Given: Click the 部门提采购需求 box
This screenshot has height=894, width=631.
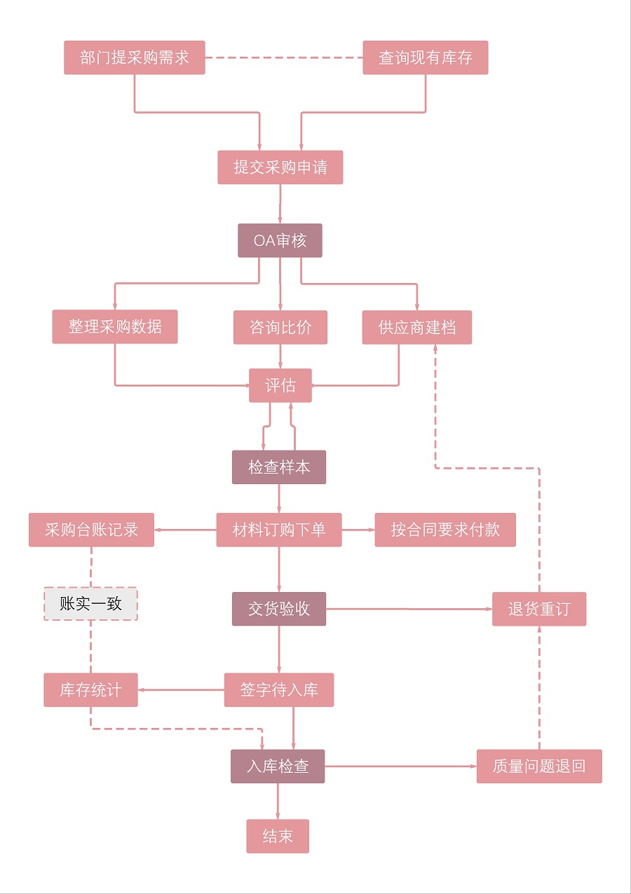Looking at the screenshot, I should [x=135, y=57].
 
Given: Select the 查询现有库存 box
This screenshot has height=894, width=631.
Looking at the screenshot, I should [x=425, y=57].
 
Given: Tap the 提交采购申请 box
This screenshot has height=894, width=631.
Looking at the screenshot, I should [x=280, y=167].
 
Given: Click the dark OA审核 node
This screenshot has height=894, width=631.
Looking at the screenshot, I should [x=280, y=240].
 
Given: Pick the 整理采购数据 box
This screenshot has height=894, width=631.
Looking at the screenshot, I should [x=115, y=326].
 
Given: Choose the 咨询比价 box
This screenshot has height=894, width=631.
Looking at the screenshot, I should [x=280, y=327].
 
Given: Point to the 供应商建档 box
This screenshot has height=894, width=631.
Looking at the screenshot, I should [x=416, y=327].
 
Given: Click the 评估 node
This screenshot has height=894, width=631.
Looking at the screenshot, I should [x=280, y=385].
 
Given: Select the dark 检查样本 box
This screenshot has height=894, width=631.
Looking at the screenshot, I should [x=279, y=467].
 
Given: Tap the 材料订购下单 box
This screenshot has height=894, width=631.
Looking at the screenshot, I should [x=279, y=530].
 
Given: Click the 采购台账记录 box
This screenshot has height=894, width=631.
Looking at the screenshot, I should [x=91, y=530].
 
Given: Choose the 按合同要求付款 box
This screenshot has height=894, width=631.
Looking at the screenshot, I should [x=445, y=530].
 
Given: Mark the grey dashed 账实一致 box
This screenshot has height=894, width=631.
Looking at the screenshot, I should [x=91, y=604].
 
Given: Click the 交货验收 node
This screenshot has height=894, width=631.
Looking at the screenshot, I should [x=279, y=609].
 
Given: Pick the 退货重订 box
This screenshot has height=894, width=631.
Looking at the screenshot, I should [x=538, y=609].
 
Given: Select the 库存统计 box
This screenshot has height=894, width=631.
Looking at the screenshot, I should [x=90, y=690].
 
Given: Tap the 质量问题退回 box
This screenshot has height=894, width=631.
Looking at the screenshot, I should [x=538, y=766].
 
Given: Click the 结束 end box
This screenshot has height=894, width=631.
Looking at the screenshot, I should [x=278, y=836].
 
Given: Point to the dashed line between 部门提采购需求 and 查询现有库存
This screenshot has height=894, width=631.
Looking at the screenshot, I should [x=284, y=57].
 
